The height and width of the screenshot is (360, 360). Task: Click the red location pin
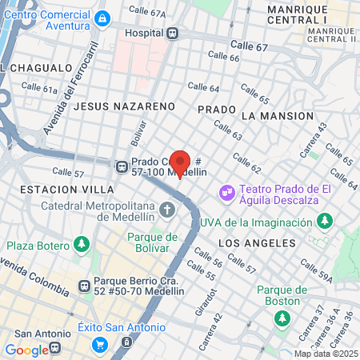tap(180, 163)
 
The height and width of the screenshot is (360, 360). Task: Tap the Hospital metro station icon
tap(173, 34)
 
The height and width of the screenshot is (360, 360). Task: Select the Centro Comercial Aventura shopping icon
tap(102, 18)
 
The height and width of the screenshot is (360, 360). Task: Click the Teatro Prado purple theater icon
tap(226, 192)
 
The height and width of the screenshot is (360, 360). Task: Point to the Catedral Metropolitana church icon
tap(167, 210)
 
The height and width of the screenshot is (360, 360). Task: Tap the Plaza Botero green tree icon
tap(80, 244)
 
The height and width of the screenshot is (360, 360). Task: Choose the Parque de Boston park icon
tap(282, 319)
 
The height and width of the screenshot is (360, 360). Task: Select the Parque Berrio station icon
tap(83, 285)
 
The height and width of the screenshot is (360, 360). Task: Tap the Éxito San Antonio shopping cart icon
tap(100, 344)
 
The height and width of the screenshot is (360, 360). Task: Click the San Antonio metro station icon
tap(54, 348)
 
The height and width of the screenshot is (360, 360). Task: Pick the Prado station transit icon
tap(122, 166)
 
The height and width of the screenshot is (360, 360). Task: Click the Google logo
tap(26, 350)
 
